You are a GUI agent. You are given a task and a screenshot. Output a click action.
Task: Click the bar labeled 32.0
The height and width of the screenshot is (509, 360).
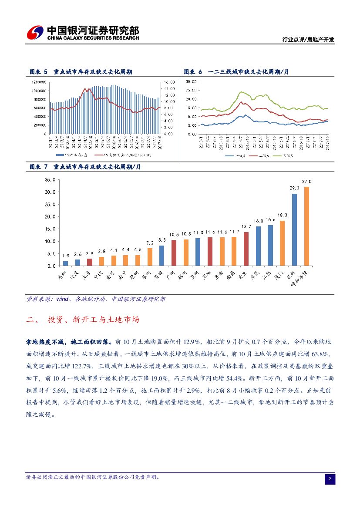[306, 226]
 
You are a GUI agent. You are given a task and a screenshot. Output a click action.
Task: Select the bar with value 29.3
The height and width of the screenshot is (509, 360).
[294, 229]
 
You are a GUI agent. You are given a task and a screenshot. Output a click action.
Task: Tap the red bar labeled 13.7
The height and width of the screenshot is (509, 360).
[246, 249]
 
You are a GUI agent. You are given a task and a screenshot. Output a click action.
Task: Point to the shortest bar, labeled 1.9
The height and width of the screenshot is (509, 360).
[66, 263]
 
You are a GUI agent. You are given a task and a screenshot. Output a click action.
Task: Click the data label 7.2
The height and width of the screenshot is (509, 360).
[150, 243]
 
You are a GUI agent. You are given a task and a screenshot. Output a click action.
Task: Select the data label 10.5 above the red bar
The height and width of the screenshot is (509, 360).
[174, 235]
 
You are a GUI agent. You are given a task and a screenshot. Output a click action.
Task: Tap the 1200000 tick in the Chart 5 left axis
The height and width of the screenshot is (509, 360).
[40, 82]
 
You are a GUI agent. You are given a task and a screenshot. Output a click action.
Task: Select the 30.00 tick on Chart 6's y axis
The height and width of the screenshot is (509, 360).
[191, 81]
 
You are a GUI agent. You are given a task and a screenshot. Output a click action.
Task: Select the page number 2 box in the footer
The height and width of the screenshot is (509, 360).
[330, 479]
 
